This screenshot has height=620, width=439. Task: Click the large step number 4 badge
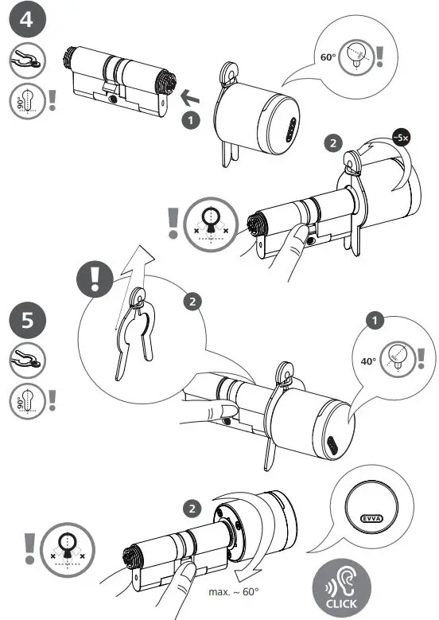coord(27,18)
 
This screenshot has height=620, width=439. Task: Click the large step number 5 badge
coord(27,319)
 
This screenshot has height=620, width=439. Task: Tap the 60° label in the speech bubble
coord(328,57)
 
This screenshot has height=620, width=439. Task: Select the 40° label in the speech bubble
coord(368,361)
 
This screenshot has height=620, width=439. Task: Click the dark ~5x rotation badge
coord(401,138)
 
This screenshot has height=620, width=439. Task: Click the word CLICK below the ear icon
coord(341,604)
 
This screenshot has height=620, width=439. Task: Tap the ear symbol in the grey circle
coord(341,583)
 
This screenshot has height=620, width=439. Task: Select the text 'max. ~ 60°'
coord(234,592)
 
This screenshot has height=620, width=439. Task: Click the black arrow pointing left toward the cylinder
coord(189,98)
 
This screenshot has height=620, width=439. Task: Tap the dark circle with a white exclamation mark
coord(95,279)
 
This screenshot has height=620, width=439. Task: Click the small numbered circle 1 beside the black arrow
coord(191,120)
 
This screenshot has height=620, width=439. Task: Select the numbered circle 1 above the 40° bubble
coord(375,321)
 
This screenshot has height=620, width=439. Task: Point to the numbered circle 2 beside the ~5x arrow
coord(333,142)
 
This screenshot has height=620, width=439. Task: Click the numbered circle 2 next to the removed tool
coord(192,302)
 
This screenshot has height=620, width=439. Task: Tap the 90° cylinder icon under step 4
coord(27,101)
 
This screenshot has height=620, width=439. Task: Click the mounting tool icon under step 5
coord(27,361)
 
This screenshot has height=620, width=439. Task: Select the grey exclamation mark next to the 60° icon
coord(379,57)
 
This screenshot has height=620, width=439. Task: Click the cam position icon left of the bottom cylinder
coord(68,550)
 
